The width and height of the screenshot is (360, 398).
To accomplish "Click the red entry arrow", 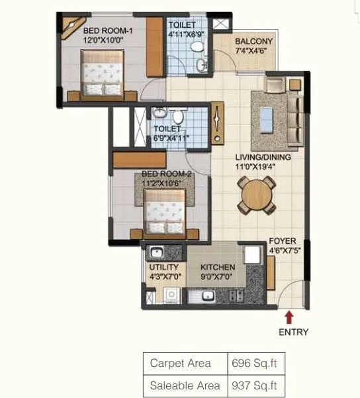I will [x=289, y=318].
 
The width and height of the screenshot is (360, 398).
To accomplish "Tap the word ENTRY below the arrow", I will [x=293, y=332].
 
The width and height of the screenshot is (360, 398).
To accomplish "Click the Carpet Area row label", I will [x=180, y=363].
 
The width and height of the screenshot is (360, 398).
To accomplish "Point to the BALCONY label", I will [x=253, y=40].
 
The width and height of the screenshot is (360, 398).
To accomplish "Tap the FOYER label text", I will [x=283, y=241].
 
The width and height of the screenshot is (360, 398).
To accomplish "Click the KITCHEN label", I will [x=218, y=268].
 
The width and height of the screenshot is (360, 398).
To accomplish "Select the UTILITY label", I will [x=163, y=267].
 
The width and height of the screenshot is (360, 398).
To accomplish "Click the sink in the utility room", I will [x=157, y=253].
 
